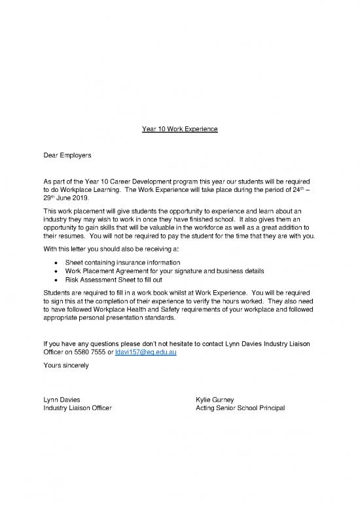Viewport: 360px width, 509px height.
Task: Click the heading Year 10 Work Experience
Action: (179, 129)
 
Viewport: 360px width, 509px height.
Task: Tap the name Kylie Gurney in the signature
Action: (215, 399)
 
